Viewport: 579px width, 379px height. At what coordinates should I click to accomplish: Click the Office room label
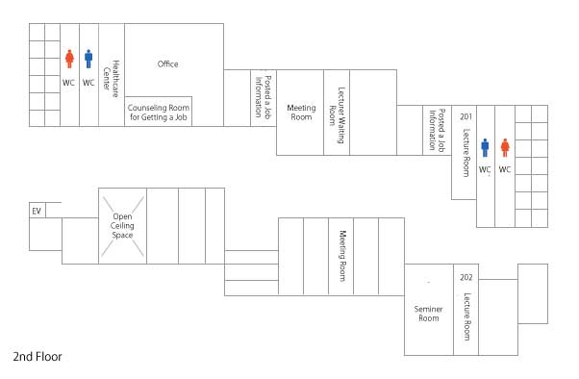[x=167, y=64]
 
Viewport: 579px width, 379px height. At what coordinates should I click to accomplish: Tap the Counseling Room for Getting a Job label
[x=159, y=113]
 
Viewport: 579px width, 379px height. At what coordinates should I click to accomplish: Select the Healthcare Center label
[x=112, y=79]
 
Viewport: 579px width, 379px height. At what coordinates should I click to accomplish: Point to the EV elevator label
[x=37, y=211]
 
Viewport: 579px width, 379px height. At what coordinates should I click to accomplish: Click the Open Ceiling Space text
[x=122, y=226]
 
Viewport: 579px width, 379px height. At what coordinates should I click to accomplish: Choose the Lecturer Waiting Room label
[x=338, y=115]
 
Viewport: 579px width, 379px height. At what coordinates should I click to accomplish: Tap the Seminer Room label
[x=428, y=314]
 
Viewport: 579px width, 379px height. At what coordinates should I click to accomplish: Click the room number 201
[x=466, y=116]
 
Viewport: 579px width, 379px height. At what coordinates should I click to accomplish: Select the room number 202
[x=466, y=277]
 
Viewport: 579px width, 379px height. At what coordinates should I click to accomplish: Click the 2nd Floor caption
[x=38, y=357]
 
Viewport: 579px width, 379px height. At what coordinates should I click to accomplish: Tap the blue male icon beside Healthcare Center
[x=88, y=59]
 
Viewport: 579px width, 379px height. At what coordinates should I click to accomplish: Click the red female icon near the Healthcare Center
[x=69, y=59]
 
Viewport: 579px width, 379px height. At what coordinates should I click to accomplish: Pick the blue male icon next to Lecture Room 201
[x=485, y=148]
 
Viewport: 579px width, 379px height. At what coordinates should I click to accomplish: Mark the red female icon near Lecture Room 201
[x=505, y=148]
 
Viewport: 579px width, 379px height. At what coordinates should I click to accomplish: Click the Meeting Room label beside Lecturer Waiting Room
[x=301, y=113]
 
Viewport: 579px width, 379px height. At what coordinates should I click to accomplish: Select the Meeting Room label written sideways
[x=342, y=256]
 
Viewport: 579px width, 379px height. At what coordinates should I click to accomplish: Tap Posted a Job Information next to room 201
[x=437, y=130]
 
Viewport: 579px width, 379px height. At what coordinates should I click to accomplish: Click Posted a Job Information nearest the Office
[x=264, y=97]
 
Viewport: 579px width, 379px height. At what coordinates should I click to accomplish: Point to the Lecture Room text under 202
[x=467, y=316]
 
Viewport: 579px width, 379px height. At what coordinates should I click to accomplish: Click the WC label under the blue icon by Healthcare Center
[x=88, y=83]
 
